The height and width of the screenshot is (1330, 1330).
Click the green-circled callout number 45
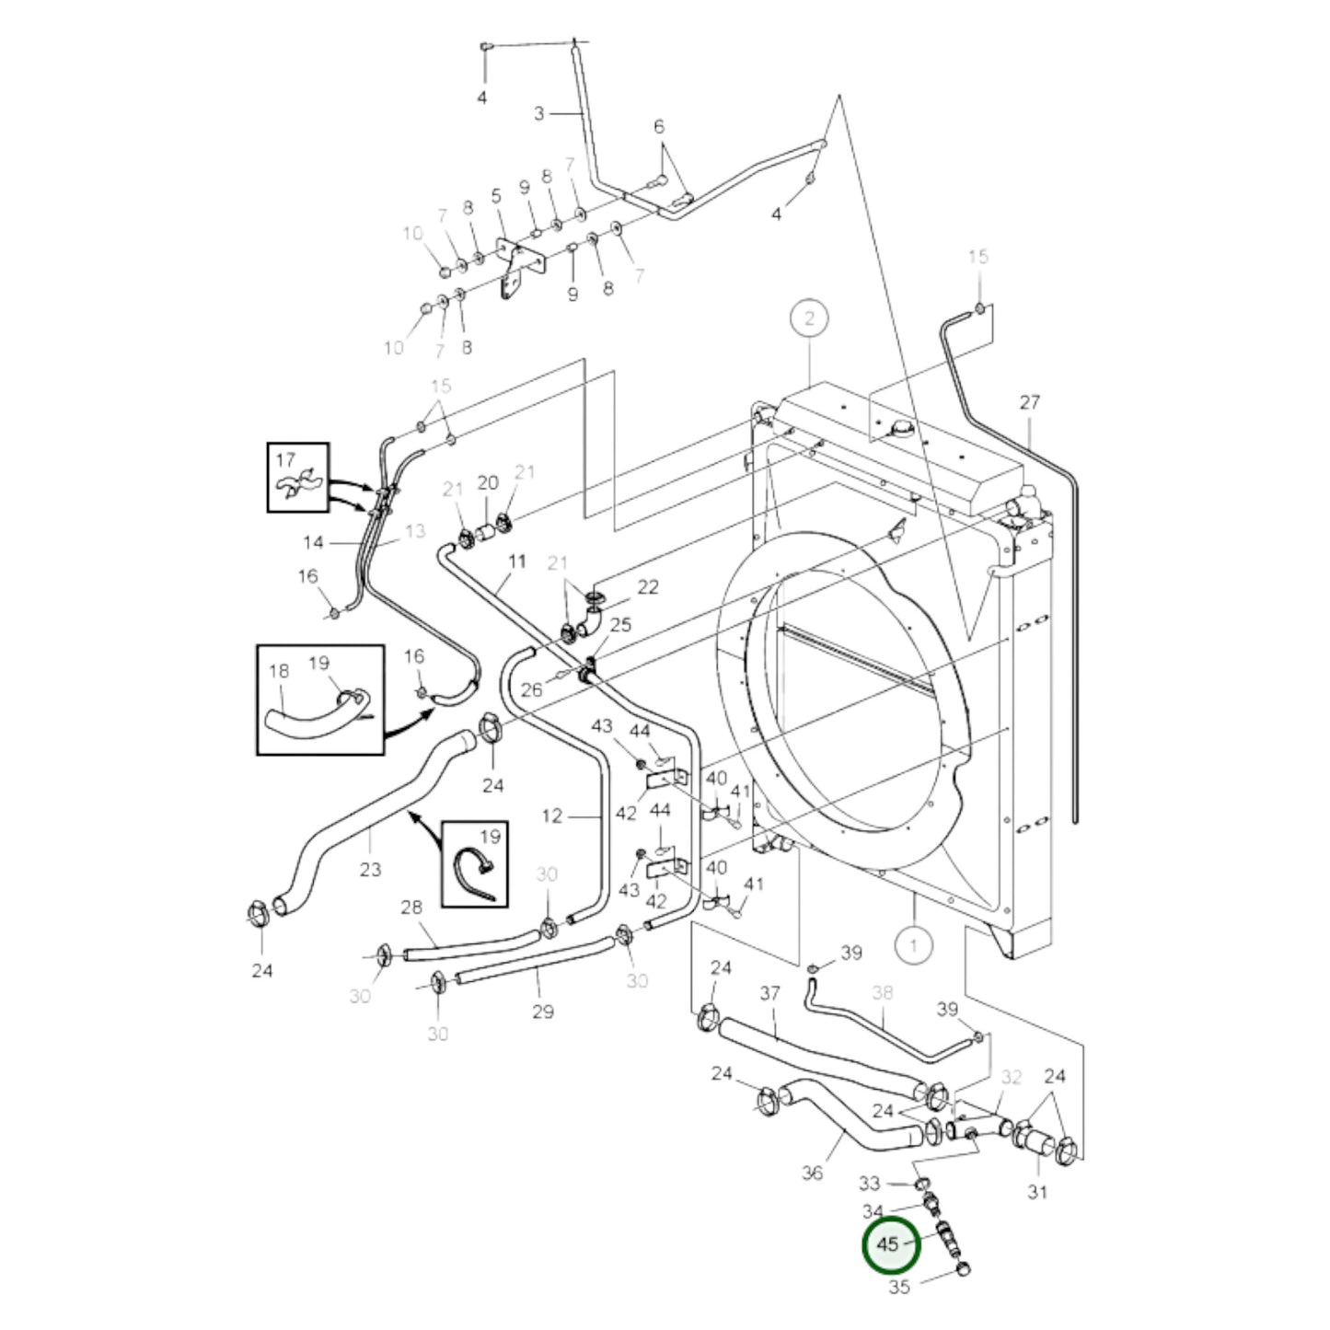click(x=887, y=1243)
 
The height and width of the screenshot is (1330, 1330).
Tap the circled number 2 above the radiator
click(x=809, y=319)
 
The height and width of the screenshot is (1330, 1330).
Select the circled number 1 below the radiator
click(x=913, y=943)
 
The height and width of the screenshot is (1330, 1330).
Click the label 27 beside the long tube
click(x=1029, y=402)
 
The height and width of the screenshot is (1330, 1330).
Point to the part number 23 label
click(x=370, y=868)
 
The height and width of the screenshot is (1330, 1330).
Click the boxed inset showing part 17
click(x=297, y=477)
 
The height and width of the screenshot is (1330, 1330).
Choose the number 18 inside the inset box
click(x=279, y=671)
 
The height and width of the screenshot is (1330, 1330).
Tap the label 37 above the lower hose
click(x=769, y=993)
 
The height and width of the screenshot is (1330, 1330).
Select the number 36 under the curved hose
click(x=812, y=1173)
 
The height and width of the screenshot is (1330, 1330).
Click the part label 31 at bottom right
click(x=1037, y=1192)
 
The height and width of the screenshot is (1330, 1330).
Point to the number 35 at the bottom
click(x=899, y=1287)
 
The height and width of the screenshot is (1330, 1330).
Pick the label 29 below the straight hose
click(x=543, y=1012)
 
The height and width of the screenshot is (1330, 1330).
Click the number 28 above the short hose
click(x=411, y=908)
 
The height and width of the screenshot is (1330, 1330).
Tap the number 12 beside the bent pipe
click(x=551, y=815)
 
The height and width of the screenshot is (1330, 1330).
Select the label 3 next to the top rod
click(x=538, y=113)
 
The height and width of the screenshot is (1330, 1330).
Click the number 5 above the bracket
click(x=496, y=195)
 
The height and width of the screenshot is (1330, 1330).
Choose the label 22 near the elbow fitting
click(x=648, y=586)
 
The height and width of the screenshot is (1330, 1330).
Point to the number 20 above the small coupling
click(x=487, y=483)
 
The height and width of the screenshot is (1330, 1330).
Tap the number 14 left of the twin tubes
click(x=313, y=543)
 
